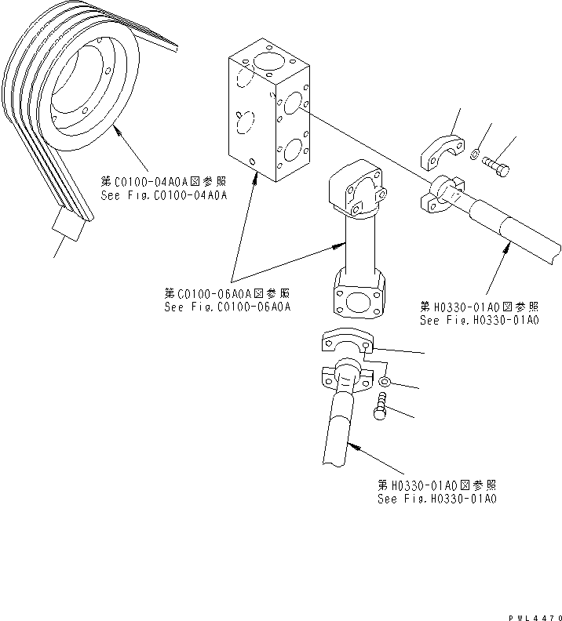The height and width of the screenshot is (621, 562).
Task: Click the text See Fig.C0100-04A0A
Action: click(x=163, y=195)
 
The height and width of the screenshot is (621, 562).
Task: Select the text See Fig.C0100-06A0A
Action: click(x=228, y=307)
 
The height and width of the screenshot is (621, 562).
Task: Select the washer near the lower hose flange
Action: click(x=385, y=383)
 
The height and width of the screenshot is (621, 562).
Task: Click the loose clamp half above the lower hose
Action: click(x=346, y=343)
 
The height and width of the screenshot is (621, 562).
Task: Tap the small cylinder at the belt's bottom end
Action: click(x=67, y=227)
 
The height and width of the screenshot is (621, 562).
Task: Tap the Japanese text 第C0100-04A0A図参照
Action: click(x=163, y=181)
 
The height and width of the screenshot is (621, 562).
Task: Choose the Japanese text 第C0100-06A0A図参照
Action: click(x=228, y=293)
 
